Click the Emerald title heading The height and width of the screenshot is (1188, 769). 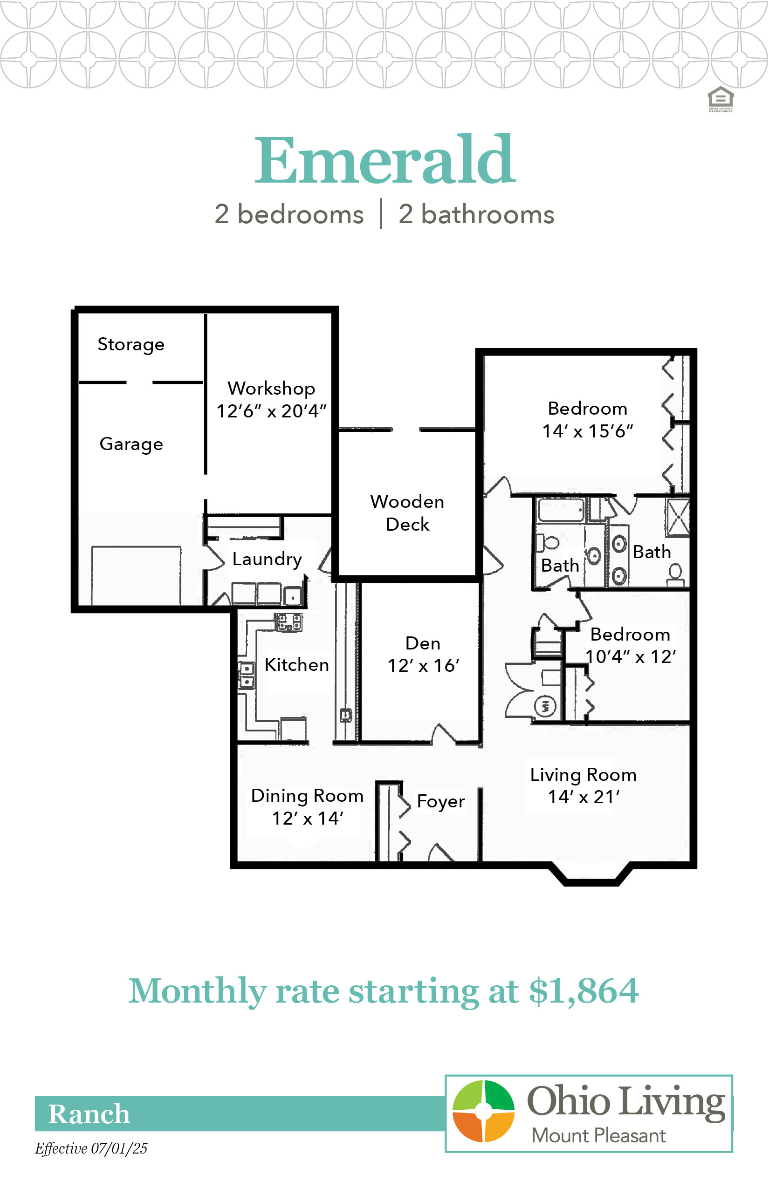click(384, 160)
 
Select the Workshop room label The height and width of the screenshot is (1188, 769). click(271, 389)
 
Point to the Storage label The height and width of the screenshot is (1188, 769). click(131, 344)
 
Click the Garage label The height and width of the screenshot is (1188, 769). click(131, 444)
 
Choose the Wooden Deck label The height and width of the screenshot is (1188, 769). click(407, 512)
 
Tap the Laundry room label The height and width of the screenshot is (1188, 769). click(267, 559)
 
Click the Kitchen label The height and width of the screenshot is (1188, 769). click(296, 664)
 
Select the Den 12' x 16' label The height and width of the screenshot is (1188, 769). click(424, 655)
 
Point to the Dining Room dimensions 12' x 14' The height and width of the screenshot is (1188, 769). click(308, 818)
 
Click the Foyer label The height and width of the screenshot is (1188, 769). click(440, 801)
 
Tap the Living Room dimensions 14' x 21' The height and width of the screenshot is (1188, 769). click(584, 797)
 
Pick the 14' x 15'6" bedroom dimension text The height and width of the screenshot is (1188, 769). click(588, 431)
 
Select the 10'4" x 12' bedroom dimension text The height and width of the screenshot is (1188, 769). click(631, 656)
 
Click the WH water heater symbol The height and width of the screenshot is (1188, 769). click(545, 706)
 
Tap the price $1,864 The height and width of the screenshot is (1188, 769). click(584, 991)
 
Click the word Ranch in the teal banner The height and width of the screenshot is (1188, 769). click(89, 1113)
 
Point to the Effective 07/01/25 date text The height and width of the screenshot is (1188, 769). click(91, 1148)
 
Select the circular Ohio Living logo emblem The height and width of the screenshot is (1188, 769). click(483, 1111)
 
